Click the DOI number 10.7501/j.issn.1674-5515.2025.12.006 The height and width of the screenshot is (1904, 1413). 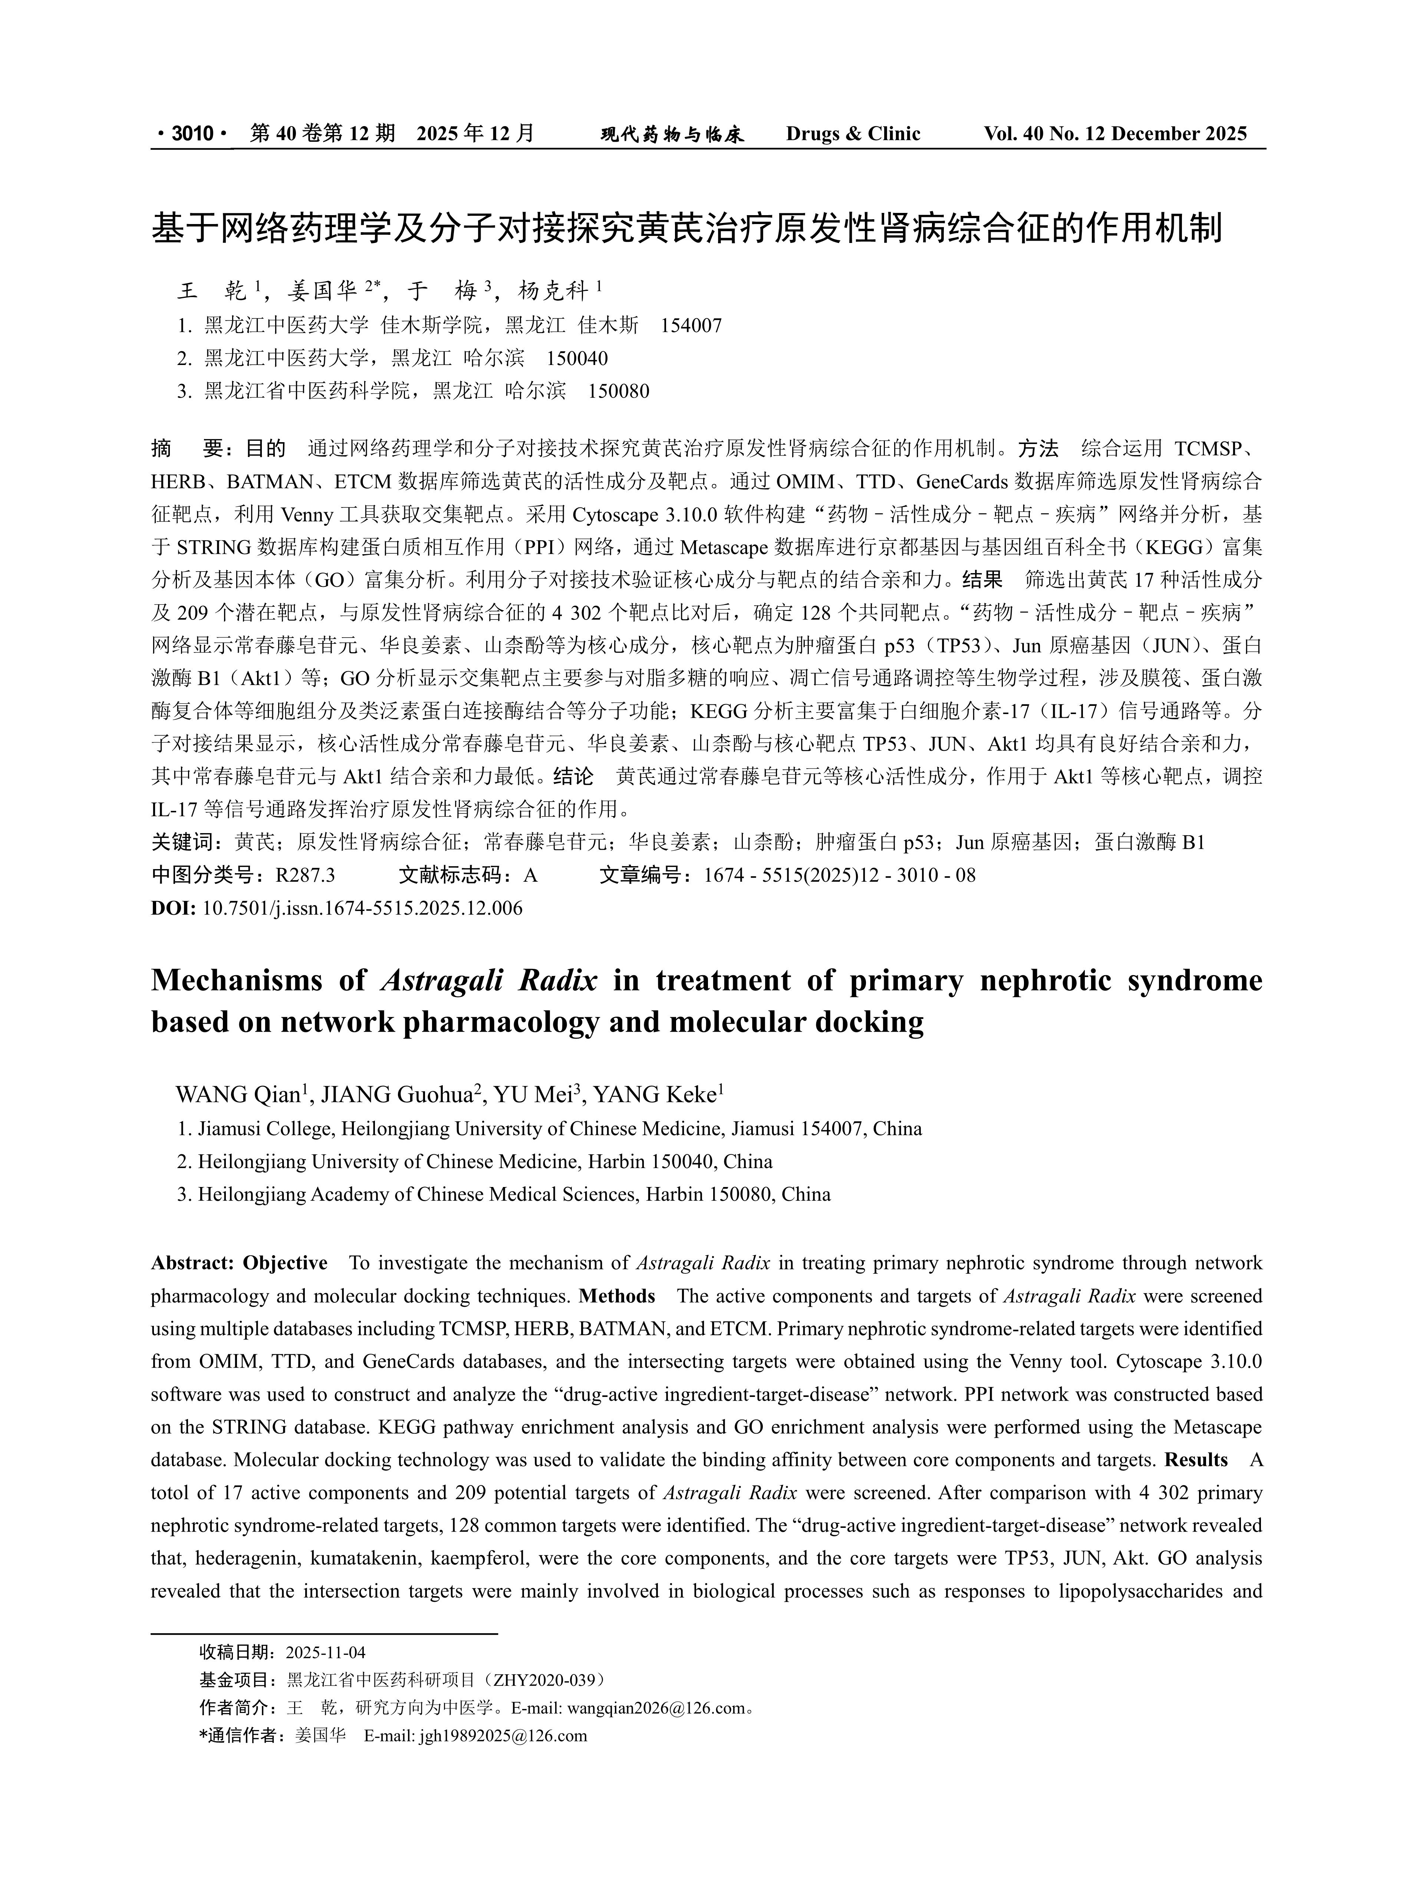[362, 908]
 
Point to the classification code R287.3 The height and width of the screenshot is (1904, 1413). [305, 875]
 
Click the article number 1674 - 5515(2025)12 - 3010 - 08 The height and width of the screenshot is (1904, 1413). [839, 875]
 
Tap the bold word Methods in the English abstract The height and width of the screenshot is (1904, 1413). [617, 1296]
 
